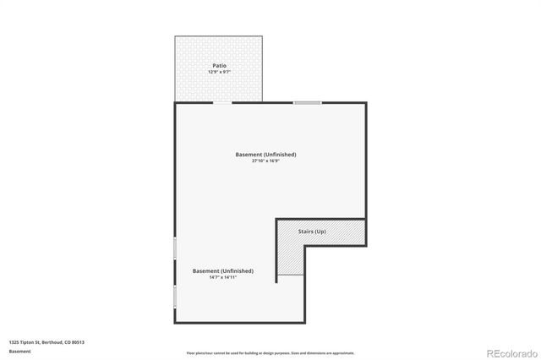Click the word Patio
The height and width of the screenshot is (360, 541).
click(219, 65)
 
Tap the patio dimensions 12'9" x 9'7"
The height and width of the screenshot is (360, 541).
click(219, 72)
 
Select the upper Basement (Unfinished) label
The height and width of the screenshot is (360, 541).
click(265, 155)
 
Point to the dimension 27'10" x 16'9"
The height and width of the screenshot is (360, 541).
click(265, 161)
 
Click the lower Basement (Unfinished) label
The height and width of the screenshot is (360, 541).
click(222, 270)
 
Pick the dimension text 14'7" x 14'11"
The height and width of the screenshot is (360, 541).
click(222, 277)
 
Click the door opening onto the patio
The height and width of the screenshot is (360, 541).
click(222, 102)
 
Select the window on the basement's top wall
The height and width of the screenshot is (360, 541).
click(307, 102)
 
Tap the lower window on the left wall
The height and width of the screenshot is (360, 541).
click(175, 297)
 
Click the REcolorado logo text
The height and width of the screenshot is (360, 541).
click(509, 352)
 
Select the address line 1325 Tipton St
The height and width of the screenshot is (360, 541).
click(46, 341)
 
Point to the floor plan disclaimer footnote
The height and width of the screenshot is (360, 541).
click(270, 353)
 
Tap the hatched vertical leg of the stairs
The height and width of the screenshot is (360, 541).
click(290, 258)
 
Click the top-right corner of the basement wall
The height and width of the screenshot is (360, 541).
click(365, 103)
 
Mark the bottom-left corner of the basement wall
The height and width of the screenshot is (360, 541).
click(176, 322)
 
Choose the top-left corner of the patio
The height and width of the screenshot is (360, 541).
click(176, 36)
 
